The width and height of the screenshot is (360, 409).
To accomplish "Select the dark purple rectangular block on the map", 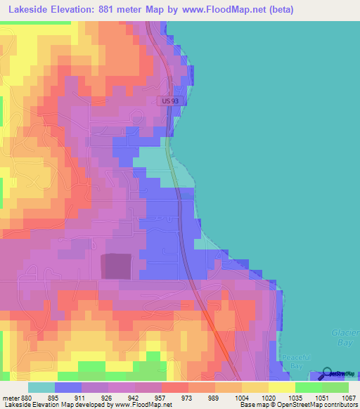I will coord(117,266).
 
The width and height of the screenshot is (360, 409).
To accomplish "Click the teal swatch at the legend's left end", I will coord(41,388).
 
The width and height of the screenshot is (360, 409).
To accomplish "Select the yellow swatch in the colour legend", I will coord(281,388).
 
